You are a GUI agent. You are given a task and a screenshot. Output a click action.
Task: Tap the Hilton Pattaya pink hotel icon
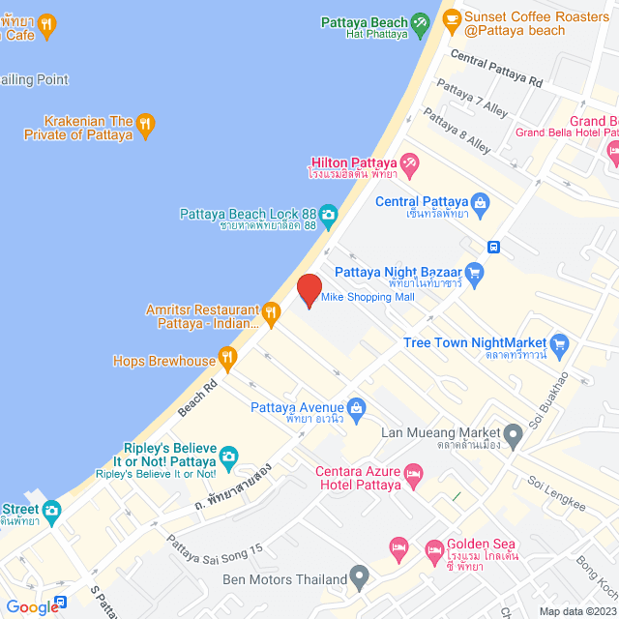coord(410,165)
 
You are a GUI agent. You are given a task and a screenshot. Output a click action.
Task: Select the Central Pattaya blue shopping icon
coord(484,203)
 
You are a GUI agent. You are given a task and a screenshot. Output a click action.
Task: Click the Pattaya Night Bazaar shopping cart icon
coord(474,273)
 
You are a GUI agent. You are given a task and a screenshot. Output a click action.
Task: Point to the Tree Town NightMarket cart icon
coord(558,343)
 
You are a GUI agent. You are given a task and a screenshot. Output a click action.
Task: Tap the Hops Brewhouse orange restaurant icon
coord(228,361)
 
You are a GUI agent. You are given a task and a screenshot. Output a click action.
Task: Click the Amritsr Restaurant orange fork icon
coord(271,311)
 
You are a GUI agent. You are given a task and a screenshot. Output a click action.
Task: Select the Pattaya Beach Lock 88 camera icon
coord(329,214)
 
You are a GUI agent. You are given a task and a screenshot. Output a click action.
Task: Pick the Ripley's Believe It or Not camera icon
coord(228,455)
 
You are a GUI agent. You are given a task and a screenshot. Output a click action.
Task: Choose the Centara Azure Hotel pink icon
coord(414,474)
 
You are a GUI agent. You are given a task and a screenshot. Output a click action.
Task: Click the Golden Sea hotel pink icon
coord(432,550)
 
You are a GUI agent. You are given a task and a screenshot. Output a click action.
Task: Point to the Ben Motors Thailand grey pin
coord(359,579)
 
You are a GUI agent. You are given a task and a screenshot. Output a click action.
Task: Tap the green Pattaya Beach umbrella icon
coord(420,21)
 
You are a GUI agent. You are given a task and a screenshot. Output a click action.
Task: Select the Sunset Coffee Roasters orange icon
coord(450,17)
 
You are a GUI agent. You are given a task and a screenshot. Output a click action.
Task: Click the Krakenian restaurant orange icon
coord(145,122)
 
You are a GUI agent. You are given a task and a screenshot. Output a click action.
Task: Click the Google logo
coord(32,606)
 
